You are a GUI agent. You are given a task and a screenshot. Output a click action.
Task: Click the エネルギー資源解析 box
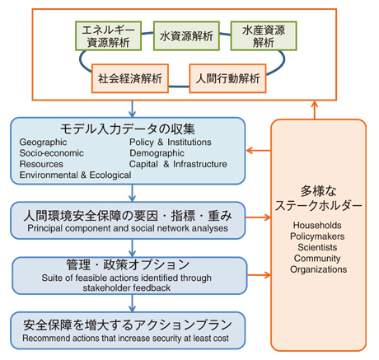click(x=109, y=36)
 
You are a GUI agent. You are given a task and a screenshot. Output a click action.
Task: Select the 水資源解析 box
click(x=186, y=36)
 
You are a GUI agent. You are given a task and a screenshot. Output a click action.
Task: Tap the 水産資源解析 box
click(x=264, y=36)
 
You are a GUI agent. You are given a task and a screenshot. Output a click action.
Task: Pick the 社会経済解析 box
click(x=130, y=78)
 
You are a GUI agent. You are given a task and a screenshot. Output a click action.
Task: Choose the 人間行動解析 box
click(x=227, y=78)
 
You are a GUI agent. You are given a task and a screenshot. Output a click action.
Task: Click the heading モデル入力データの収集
click(x=128, y=129)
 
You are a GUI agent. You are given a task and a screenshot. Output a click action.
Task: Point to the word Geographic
click(x=43, y=143)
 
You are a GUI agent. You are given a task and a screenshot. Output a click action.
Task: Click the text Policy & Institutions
click(x=171, y=143)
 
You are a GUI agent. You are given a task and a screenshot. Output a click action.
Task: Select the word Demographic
click(x=157, y=153)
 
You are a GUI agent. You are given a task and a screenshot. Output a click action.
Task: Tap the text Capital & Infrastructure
click(x=178, y=164)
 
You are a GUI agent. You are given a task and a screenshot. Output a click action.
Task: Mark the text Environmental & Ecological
click(x=75, y=175)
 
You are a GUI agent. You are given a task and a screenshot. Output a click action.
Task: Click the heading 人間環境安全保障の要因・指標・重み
click(x=128, y=216)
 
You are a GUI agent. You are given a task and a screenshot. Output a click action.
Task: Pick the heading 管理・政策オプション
click(x=128, y=264)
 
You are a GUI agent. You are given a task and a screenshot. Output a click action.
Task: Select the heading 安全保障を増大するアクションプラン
click(x=128, y=325)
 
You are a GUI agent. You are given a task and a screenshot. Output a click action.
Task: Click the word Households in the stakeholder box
click(x=317, y=226)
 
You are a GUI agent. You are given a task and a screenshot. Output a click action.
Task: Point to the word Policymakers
click(x=317, y=236)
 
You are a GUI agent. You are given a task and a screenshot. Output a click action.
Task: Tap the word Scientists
click(x=317, y=247)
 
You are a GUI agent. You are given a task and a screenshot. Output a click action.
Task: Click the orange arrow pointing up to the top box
click(x=315, y=110)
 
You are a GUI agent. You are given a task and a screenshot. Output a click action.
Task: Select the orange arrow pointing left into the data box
click(x=259, y=151)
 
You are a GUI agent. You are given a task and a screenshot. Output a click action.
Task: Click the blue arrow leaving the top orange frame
click(x=133, y=109)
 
